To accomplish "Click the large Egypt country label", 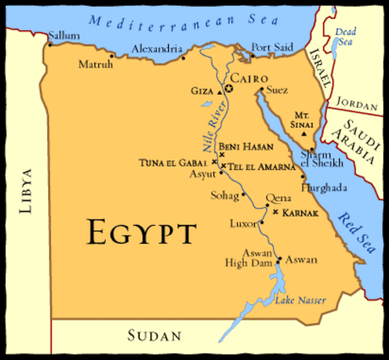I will pos(142,232).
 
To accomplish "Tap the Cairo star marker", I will pos(229,89).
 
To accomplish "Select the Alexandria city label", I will pos(155,49).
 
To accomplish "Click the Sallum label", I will pos(61,35).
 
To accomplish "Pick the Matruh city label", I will pos(95,64).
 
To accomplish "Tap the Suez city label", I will pos(277,90).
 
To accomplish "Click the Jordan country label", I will pos(356,101).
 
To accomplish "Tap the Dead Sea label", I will pos(346,37).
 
